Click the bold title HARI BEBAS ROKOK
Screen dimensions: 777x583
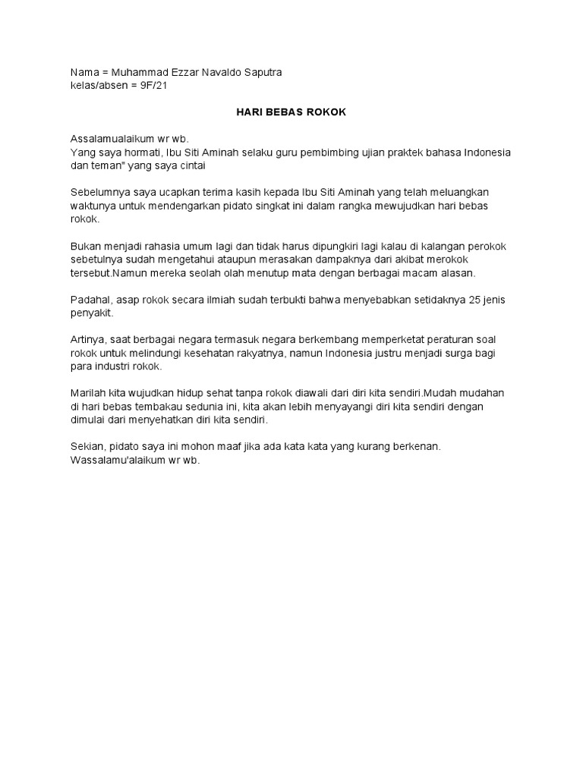click(288, 112)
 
